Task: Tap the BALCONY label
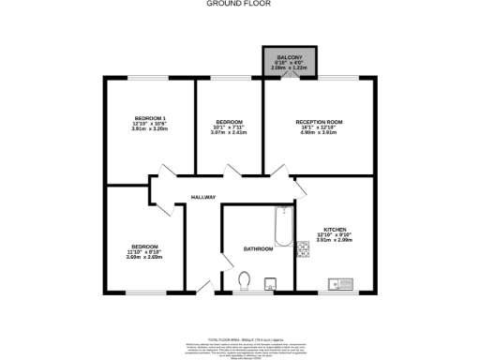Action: [289, 57]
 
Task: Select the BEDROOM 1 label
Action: [149, 119]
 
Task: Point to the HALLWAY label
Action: [203, 197]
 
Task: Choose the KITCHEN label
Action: [335, 230]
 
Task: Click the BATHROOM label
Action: [258, 248]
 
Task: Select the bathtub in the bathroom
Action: [281, 225]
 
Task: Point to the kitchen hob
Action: [303, 249]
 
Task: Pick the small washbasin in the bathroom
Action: [270, 283]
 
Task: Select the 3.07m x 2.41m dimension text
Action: [230, 133]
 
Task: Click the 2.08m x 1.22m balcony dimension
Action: [289, 68]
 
